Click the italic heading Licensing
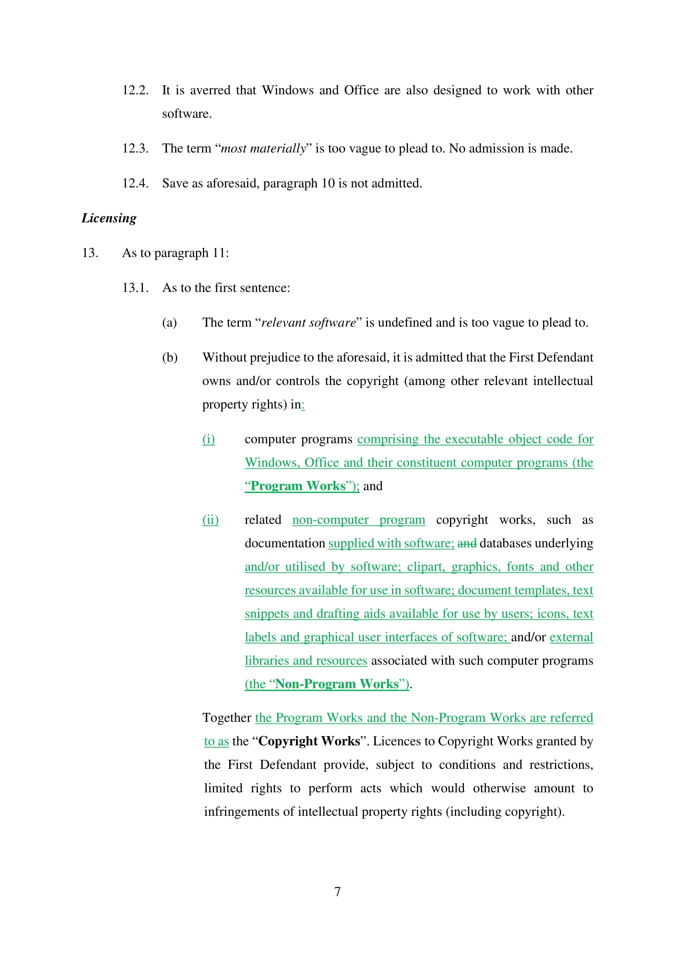pos(109,218)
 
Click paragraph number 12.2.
pos(135,90)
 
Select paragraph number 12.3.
pos(135,148)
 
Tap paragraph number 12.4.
pos(135,183)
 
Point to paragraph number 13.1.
pos(135,287)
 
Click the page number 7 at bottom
pos(337,891)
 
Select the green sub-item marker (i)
pos(209,439)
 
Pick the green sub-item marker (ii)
pos(210,519)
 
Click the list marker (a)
pos(170,323)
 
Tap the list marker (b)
pos(170,357)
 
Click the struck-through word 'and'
pos(467,543)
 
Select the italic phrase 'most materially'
pos(263,149)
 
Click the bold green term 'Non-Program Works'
pos(337,684)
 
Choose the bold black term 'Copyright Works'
pos(310,741)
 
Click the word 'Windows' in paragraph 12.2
pos(288,90)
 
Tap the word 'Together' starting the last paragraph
pos(227,717)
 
